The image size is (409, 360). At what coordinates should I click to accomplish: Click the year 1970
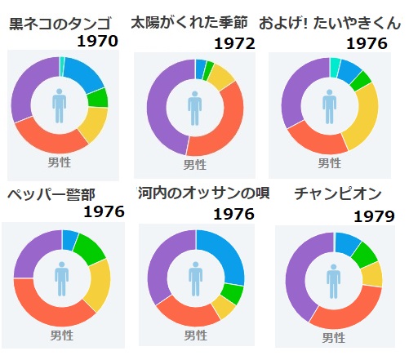[98, 42]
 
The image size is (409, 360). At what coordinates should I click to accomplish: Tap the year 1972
[234, 43]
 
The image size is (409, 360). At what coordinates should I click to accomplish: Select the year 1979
[374, 216]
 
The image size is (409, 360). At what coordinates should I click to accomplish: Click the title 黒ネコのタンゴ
[60, 24]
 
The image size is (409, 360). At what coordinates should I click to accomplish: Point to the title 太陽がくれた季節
[189, 22]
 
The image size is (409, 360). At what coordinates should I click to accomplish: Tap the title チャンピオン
[338, 193]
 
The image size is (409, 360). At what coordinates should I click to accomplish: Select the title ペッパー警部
[51, 195]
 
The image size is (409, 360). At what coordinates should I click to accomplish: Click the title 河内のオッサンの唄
[204, 193]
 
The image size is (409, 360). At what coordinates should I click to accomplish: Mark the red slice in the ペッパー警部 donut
[51, 309]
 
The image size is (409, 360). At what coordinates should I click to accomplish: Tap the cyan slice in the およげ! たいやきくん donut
[335, 68]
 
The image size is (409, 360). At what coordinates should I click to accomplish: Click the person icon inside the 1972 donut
[194, 108]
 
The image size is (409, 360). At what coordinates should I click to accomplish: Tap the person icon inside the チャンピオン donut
[333, 281]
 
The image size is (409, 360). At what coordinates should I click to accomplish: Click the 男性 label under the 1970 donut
[60, 162]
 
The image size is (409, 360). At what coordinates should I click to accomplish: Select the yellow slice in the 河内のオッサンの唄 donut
[224, 307]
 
